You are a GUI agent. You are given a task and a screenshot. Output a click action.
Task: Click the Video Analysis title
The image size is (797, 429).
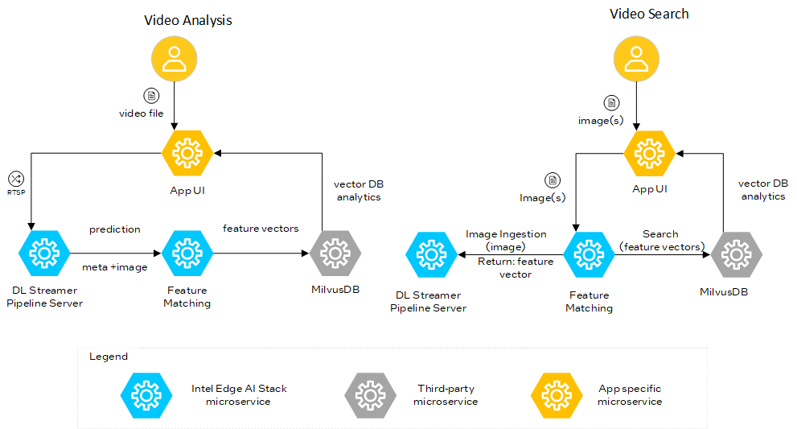pos(187,20)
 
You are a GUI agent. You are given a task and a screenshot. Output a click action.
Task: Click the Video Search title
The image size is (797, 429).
pos(649,14)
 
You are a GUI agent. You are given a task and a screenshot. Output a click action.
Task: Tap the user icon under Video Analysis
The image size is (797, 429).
pos(175,64)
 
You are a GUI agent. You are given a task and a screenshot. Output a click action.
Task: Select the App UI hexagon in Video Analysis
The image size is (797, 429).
pos(187,152)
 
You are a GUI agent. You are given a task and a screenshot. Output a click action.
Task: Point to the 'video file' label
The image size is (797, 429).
pos(141,113)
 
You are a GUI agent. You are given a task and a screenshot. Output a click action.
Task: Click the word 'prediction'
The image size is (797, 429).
pos(114,229)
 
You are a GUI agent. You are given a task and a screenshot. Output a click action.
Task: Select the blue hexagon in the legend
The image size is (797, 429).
pos(145,394)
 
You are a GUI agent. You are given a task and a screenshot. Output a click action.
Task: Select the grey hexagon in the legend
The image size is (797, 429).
pos(369,394)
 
